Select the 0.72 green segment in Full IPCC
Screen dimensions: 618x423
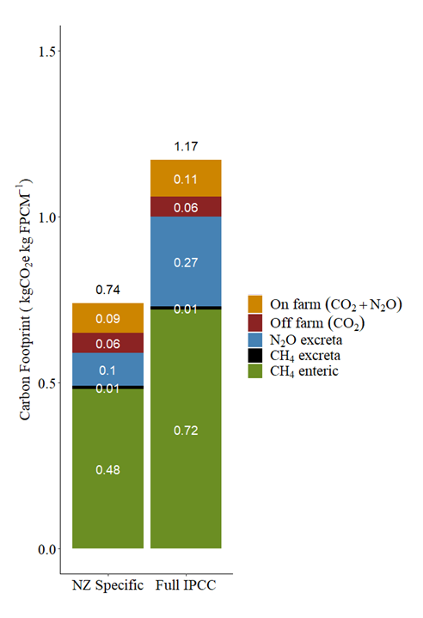[x=186, y=429]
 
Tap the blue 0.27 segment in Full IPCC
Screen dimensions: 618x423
[x=186, y=261]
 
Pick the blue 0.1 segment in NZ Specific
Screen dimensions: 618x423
[x=107, y=370]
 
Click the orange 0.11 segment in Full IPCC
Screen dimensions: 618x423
[x=186, y=179]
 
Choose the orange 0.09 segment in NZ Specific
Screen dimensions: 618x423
[x=107, y=318]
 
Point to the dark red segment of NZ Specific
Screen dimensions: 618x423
[x=107, y=343]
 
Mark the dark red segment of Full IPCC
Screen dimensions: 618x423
[x=186, y=206]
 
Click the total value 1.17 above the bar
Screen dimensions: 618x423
[x=186, y=147]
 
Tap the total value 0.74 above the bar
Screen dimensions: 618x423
[x=107, y=290]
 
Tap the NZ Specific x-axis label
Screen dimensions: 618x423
[x=107, y=587]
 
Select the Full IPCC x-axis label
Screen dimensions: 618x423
[x=186, y=587]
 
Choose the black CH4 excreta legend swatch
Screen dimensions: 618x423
[x=255, y=355]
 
